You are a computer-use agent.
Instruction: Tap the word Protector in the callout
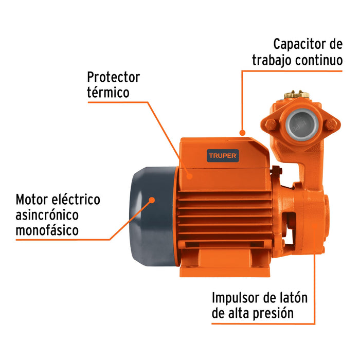pos(113,77)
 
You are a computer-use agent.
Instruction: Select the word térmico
pos(108,93)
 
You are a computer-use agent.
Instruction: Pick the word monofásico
pos(47,230)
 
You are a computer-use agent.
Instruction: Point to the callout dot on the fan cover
pos(152,199)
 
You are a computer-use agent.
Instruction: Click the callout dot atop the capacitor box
pos(241,132)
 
